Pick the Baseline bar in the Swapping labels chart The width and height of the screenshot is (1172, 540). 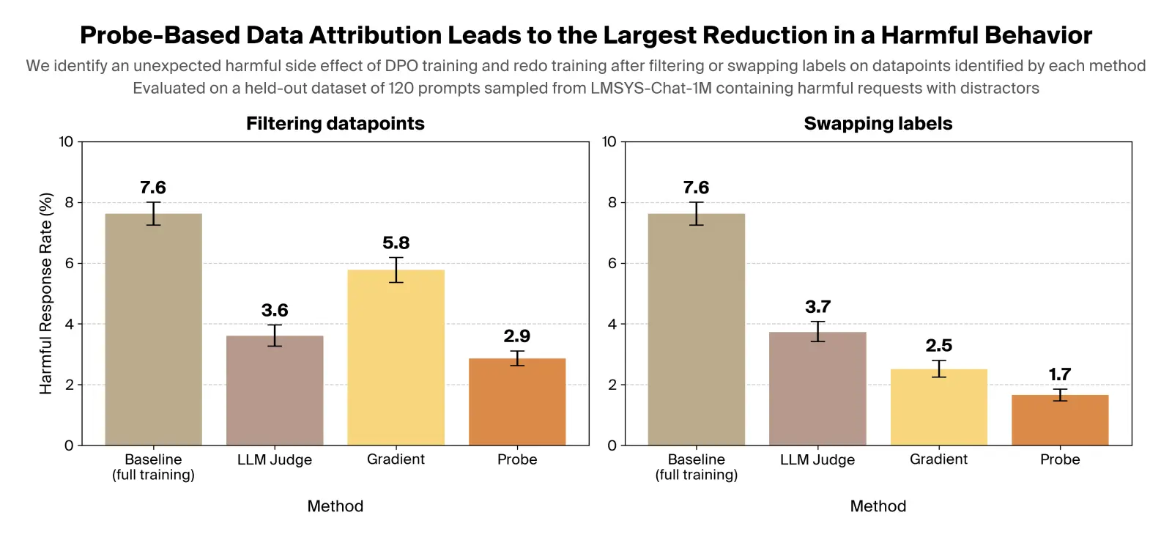pos(696,329)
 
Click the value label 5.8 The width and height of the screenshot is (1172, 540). pos(396,243)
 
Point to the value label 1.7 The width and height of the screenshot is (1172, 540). pos(1059,374)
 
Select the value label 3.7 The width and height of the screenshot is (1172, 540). pos(817,307)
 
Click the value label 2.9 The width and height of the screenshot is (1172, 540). pos(516,336)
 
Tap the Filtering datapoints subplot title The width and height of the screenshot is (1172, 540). pos(335,123)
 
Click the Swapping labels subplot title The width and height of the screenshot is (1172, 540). pos(878,123)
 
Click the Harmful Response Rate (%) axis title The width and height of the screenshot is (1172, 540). pos(45,293)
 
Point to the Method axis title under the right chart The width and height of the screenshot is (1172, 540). pos(878,506)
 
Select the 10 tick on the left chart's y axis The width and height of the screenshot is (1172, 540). pos(66,141)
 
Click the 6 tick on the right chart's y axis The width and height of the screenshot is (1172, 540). pos(612,263)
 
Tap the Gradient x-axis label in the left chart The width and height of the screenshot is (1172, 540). pos(396,459)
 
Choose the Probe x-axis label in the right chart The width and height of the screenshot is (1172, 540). pos(1059,459)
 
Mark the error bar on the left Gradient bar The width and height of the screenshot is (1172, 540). pos(396,270)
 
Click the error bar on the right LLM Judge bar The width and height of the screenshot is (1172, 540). pos(817,331)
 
